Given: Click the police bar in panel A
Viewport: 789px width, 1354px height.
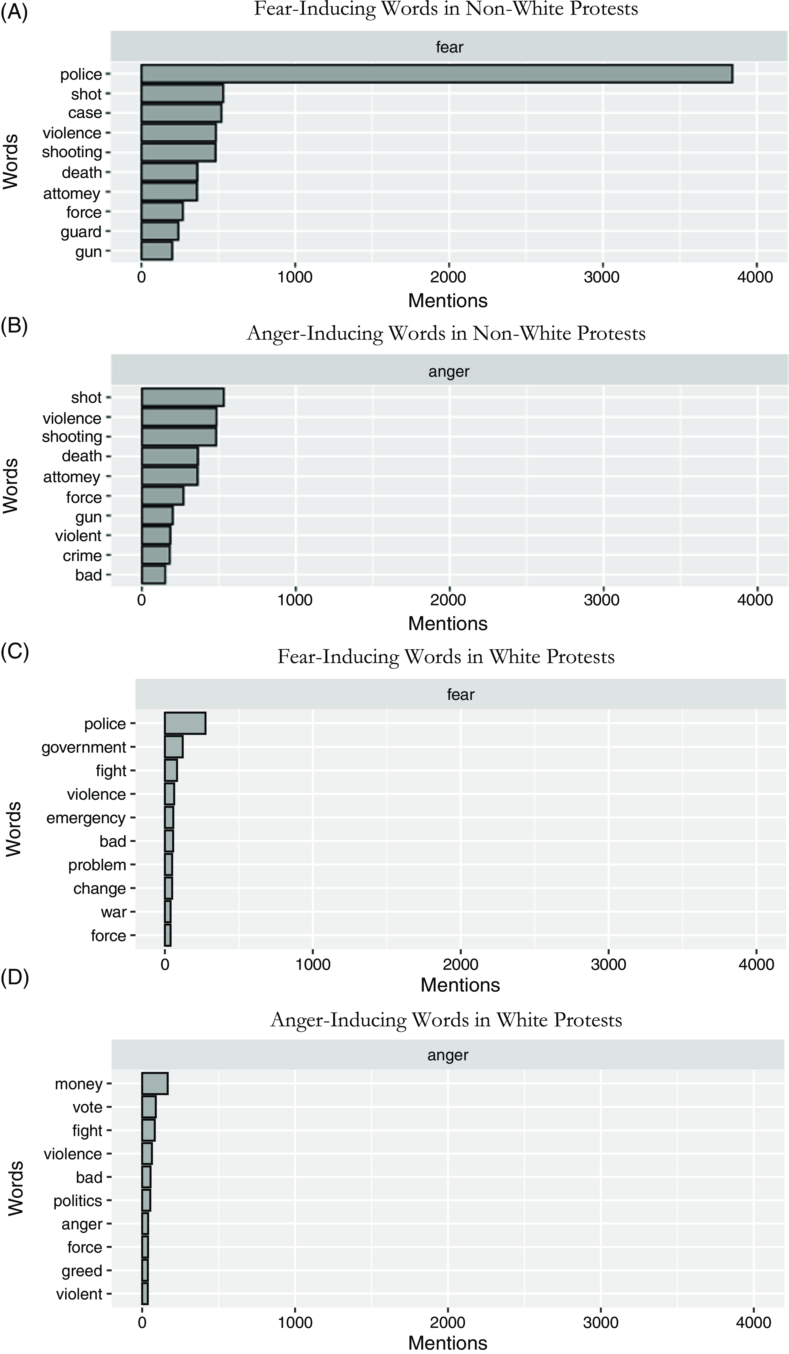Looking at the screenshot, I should [x=436, y=74].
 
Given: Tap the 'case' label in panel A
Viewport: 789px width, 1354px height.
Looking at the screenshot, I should [x=85, y=113].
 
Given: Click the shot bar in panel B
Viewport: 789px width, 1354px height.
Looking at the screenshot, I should [x=183, y=398].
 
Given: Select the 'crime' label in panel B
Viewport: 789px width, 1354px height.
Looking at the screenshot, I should [x=82, y=556].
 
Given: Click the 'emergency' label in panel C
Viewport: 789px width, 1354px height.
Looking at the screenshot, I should [x=86, y=818].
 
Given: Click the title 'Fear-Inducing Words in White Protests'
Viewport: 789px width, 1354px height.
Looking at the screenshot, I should [x=446, y=657].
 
